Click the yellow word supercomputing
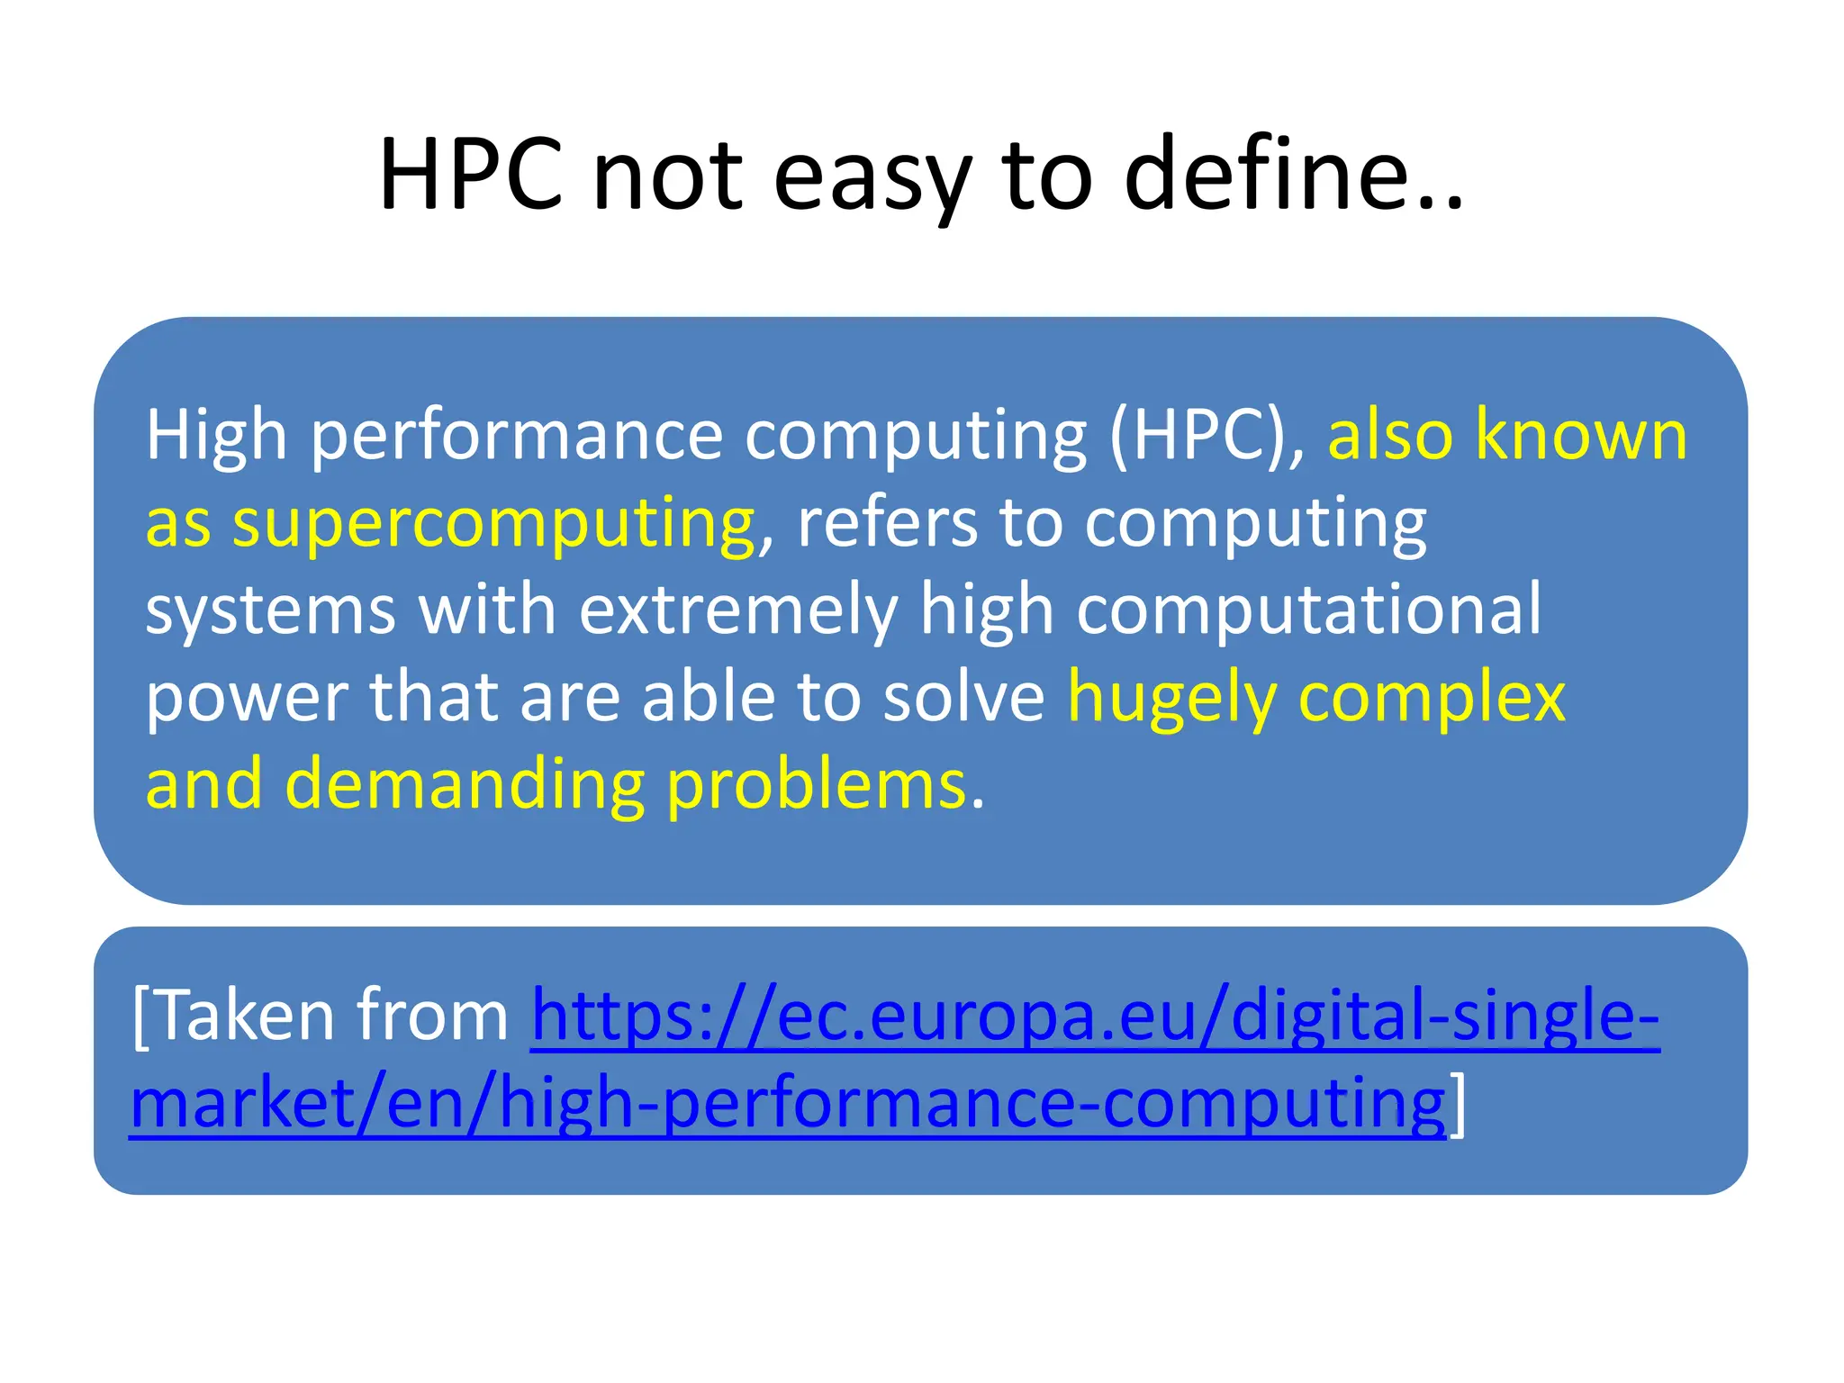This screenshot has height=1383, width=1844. (x=493, y=525)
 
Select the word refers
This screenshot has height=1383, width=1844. (x=887, y=523)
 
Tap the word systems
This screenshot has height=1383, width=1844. (x=270, y=610)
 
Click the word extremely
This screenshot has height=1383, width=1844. (x=738, y=610)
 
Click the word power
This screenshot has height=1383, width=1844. (x=247, y=699)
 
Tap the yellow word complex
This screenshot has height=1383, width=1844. (x=1432, y=699)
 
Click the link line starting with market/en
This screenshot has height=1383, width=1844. (x=788, y=1105)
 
